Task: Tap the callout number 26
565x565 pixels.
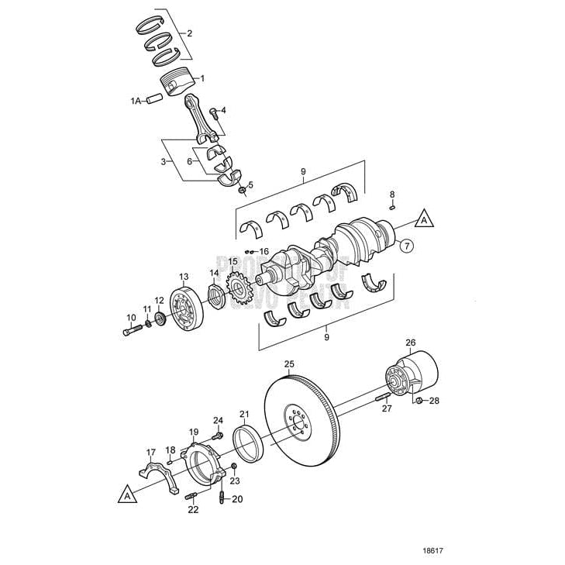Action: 411,342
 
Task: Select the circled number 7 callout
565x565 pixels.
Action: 407,246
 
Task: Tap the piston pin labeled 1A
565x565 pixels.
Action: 155,99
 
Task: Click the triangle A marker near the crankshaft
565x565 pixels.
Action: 423,219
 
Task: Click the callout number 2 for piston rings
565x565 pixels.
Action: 189,33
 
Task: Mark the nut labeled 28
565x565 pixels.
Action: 419,401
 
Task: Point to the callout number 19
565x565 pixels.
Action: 194,432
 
